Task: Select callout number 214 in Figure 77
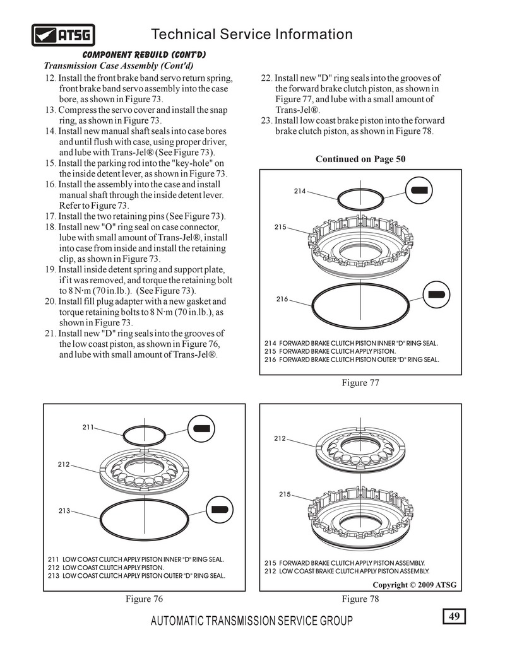(x=300, y=190)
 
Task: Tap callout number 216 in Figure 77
(x=282, y=299)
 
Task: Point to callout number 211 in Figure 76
(x=88, y=427)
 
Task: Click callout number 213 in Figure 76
(x=64, y=511)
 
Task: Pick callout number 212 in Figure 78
(x=280, y=438)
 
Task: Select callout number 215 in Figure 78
(x=285, y=494)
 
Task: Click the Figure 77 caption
(x=360, y=382)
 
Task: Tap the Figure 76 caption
(x=144, y=599)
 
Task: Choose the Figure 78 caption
(x=360, y=599)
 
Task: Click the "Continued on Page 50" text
(x=360, y=159)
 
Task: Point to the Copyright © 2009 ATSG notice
(x=413, y=585)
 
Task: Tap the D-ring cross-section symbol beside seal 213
(x=219, y=510)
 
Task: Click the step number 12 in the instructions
(x=50, y=78)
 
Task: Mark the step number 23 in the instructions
(x=266, y=120)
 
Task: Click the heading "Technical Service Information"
(x=252, y=34)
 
